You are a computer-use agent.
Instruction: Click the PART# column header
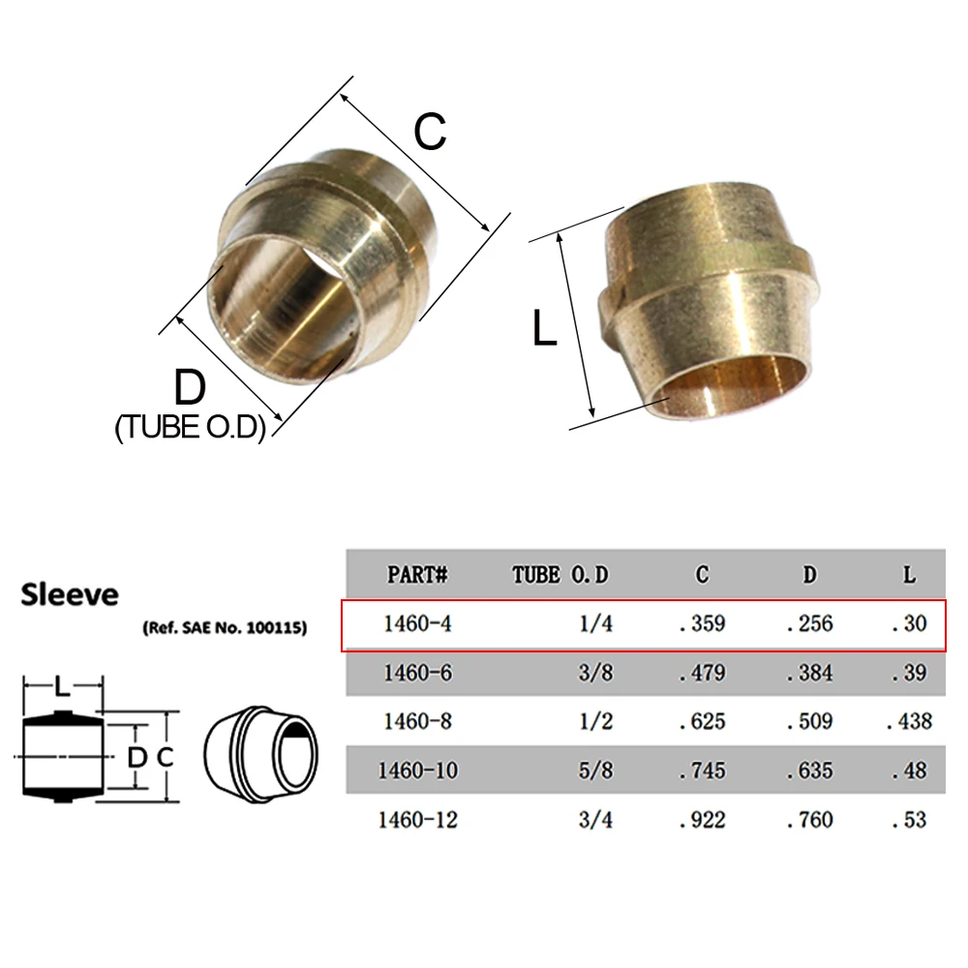(416, 575)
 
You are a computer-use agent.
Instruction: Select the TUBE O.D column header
(560, 575)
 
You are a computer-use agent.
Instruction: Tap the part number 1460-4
(417, 623)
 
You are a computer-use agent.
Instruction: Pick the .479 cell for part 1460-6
(702, 673)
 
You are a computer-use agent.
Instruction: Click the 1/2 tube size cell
(595, 722)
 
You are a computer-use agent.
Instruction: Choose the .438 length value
(909, 722)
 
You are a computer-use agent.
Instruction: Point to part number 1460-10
(417, 771)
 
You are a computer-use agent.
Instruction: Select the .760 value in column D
(809, 821)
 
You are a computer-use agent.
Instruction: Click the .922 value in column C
(702, 821)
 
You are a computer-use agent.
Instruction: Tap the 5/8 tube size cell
(595, 771)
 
